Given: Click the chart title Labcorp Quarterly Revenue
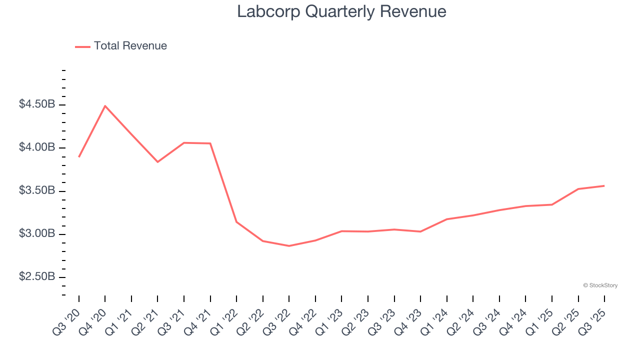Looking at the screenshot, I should [x=341, y=11].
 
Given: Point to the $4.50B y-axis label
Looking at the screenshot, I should [x=37, y=104].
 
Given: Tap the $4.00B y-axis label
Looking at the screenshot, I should [x=37, y=147].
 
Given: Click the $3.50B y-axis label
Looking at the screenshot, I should [x=37, y=191].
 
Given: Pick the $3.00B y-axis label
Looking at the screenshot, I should [x=37, y=234].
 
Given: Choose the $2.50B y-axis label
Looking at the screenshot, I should [x=37, y=277].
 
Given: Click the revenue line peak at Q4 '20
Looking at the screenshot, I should [x=105, y=106].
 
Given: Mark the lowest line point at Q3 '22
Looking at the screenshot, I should [x=289, y=246].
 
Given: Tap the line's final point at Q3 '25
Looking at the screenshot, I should [x=604, y=186].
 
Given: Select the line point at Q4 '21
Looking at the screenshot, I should [x=210, y=143].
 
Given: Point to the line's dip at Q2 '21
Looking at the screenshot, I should [x=157, y=162].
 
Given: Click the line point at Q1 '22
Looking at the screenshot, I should [x=236, y=222].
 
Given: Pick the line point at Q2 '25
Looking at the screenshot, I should [x=578, y=189].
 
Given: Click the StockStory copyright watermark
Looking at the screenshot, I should [x=600, y=285].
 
